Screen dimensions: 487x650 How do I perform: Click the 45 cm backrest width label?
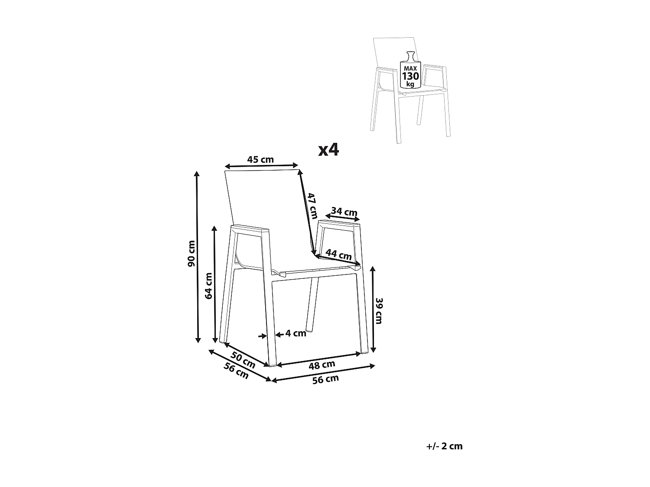coord(260,159)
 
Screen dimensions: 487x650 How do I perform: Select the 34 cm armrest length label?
coord(344,212)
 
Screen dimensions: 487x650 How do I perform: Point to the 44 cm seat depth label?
coord(338,255)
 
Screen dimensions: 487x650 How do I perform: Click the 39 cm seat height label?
coord(379,310)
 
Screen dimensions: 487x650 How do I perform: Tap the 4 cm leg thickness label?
coord(296,333)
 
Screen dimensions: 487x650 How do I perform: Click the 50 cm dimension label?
coord(243,359)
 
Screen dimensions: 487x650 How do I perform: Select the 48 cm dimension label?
coord(322,365)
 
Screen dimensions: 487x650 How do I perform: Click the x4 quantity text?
coord(328,150)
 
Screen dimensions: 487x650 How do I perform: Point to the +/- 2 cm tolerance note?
coord(445,446)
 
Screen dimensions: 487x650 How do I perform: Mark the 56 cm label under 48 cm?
coord(325,379)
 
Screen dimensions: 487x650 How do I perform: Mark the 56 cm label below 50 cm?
coord(236,371)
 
